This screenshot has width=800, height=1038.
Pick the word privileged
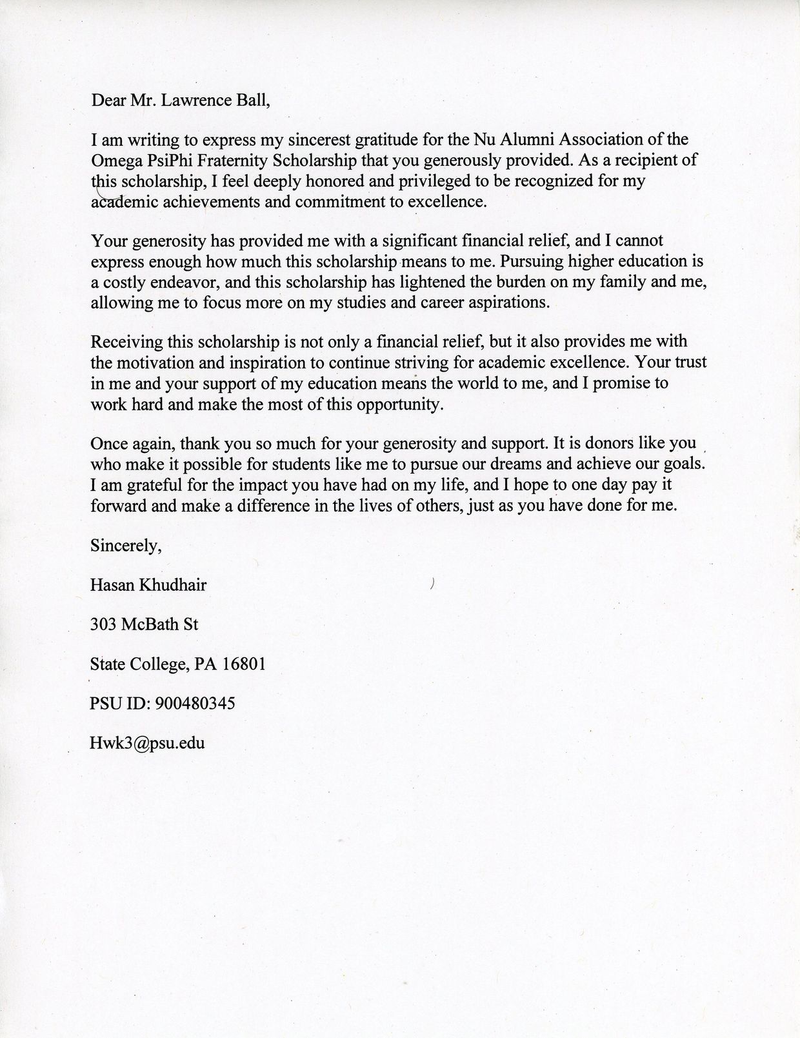tap(426, 181)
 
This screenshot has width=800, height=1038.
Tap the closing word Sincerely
tap(125, 546)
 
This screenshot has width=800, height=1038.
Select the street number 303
tap(103, 624)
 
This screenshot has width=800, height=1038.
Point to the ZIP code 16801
tap(243, 664)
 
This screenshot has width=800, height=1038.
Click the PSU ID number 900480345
tap(195, 703)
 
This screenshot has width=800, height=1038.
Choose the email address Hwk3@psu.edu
tap(148, 743)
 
